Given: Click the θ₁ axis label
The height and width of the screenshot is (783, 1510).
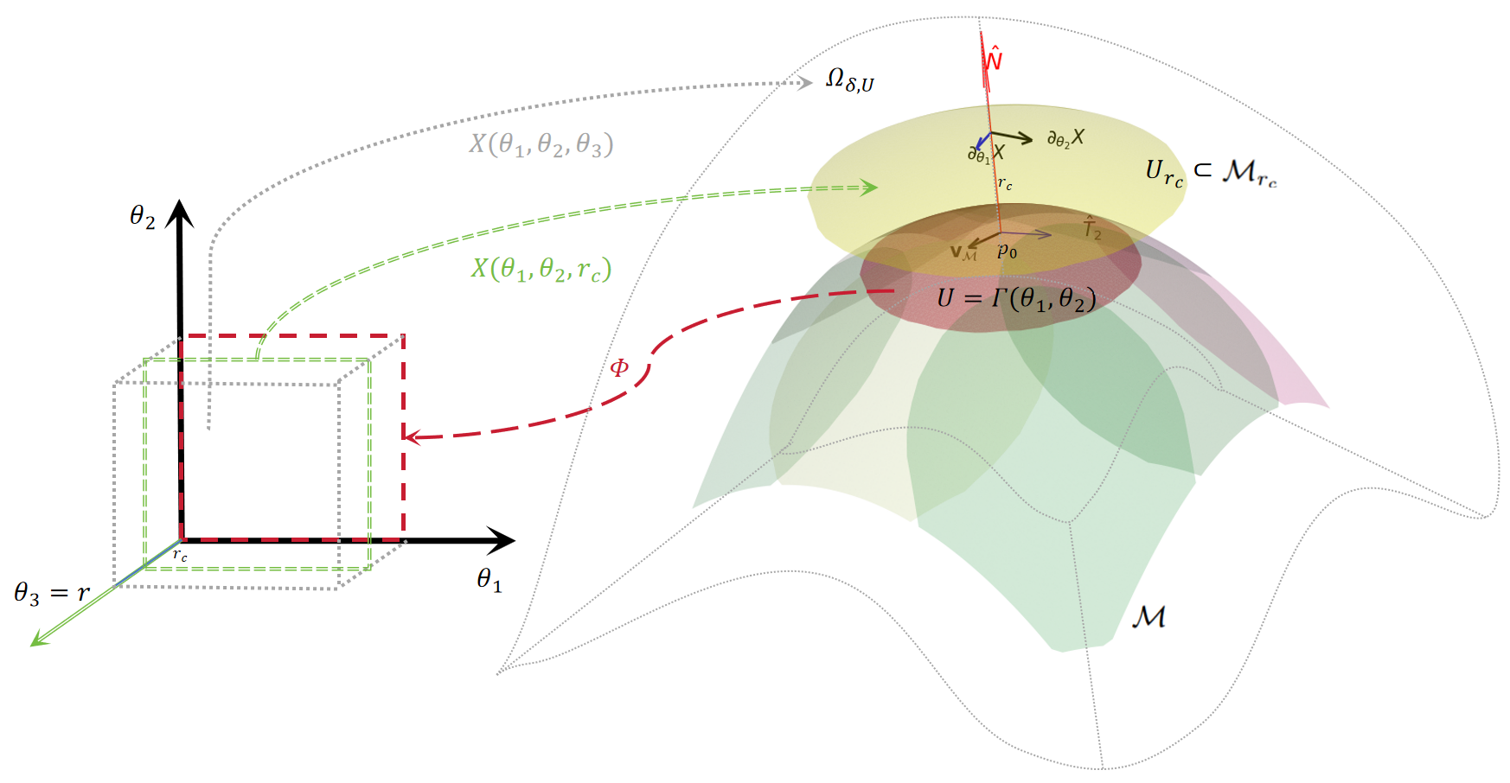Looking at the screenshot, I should point(489,580).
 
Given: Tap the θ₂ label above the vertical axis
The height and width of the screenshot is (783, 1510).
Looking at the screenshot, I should point(142,216).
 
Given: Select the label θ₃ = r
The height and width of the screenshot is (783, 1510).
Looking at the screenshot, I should point(52,593).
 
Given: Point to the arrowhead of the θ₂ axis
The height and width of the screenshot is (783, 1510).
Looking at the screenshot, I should point(180,213).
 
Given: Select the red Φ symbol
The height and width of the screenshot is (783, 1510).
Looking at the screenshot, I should point(619,368).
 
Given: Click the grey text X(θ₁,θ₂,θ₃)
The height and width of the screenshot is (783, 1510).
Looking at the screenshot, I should point(541,144).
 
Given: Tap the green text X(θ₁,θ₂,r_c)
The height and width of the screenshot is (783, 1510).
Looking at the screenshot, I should point(541,270).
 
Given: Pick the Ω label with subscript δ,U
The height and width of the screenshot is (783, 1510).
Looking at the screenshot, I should point(849,80).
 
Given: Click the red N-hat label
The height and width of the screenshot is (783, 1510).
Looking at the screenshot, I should point(994,58).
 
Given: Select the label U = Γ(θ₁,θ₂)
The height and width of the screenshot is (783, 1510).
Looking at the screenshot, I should point(1016,299).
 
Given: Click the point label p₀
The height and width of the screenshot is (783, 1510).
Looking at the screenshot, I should point(1007,251).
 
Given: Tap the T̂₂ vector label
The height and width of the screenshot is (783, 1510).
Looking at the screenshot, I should point(1092,228).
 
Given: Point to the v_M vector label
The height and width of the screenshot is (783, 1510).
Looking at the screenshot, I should point(963,252).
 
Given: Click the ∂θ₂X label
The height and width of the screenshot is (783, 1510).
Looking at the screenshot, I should point(1065,139).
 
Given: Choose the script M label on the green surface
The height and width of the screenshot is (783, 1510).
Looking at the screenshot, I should point(1148,617).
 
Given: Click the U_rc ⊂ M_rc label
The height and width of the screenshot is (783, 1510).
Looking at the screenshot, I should point(1210,173).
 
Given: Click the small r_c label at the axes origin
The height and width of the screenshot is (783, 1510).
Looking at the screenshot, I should point(180,555).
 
